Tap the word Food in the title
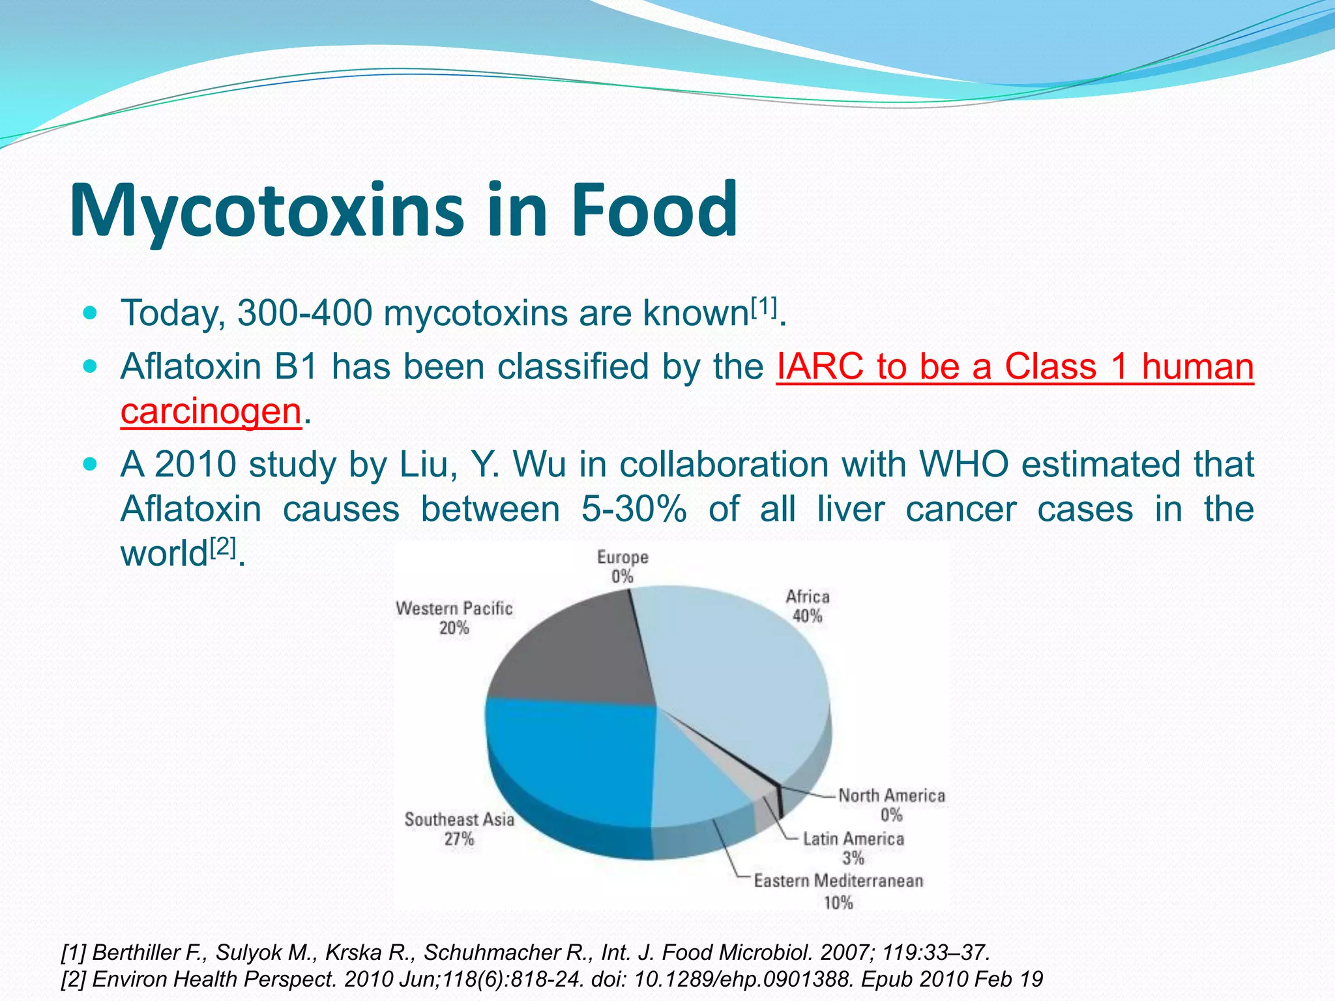point(654,210)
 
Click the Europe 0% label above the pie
point(623,566)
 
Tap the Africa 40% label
point(807,606)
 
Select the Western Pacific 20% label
point(454,618)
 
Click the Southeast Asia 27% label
point(459,829)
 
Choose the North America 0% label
point(891,805)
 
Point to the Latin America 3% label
point(853,848)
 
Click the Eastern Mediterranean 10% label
point(838,892)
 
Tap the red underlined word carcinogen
point(211,412)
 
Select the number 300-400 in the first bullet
point(304,313)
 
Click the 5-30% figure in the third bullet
point(634,509)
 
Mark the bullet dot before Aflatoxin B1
point(91,366)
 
